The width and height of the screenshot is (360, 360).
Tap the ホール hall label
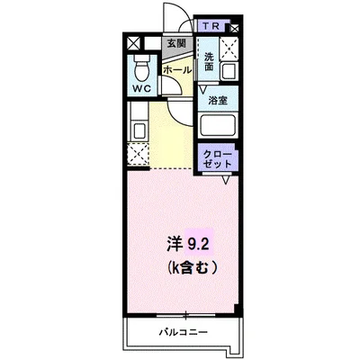(x=175, y=67)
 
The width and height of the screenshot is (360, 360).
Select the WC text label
(x=142, y=89)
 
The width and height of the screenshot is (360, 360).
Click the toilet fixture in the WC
(x=142, y=67)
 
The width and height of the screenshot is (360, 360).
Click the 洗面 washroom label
(x=209, y=61)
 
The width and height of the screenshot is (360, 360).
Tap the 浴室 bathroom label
(x=219, y=102)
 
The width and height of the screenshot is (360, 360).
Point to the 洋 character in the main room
(x=174, y=242)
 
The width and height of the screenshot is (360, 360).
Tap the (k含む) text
(x=190, y=267)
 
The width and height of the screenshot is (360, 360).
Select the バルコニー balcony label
(x=185, y=332)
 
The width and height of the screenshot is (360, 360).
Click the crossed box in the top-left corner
(x=133, y=43)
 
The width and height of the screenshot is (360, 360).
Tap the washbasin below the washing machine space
(x=229, y=69)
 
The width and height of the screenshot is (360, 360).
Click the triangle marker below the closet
(x=227, y=178)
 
